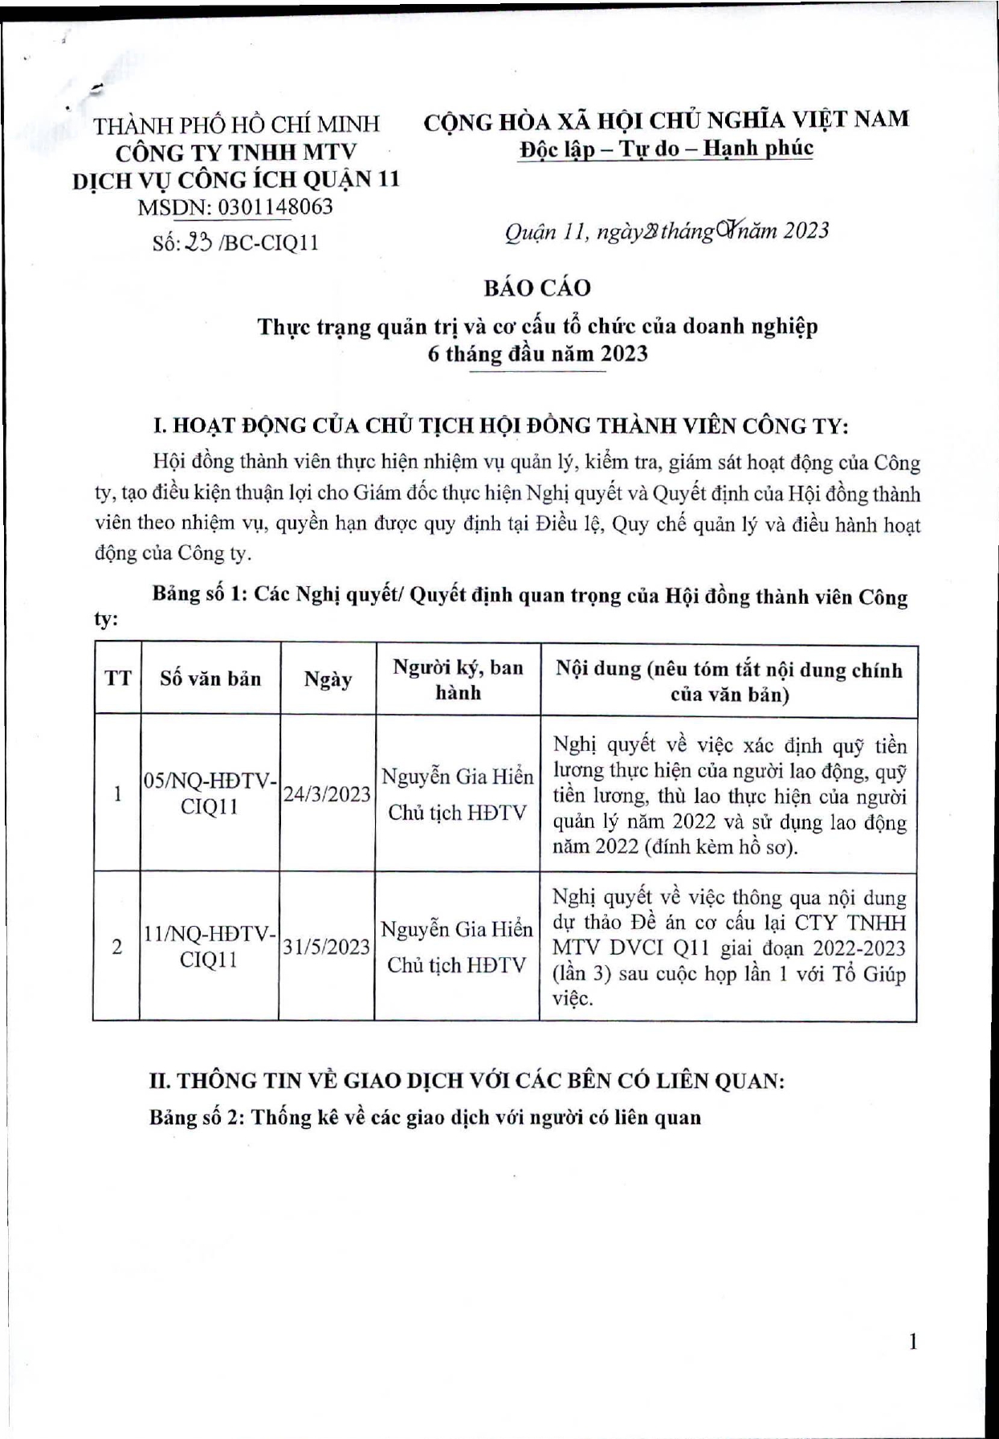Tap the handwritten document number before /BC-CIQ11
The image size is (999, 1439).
pyautogui.click(x=198, y=241)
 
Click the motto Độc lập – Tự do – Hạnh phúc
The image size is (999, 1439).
pyautogui.click(x=666, y=149)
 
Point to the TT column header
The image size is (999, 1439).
pyautogui.click(x=117, y=679)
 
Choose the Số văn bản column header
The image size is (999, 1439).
pyautogui.click(x=210, y=679)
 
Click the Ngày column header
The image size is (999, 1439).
pyautogui.click(x=328, y=679)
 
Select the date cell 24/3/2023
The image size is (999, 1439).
pyautogui.click(x=327, y=794)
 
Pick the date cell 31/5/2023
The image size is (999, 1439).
pyautogui.click(x=327, y=947)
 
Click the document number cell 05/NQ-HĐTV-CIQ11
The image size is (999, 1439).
pyautogui.click(x=210, y=793)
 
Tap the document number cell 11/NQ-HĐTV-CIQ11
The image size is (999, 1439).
pyautogui.click(x=210, y=947)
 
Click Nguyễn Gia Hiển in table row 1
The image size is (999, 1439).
pyautogui.click(x=457, y=777)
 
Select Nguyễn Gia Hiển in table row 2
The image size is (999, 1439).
pyautogui.click(x=457, y=930)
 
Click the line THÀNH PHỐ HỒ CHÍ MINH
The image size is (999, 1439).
pyautogui.click(x=237, y=124)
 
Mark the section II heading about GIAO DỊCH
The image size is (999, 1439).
pyautogui.click(x=467, y=1080)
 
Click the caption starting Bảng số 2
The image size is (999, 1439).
pyautogui.click(x=425, y=1117)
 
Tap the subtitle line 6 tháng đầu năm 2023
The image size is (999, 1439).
pyautogui.click(x=537, y=353)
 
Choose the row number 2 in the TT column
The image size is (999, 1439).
pyautogui.click(x=117, y=947)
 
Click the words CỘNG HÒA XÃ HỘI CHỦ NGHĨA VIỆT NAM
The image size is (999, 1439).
pyautogui.click(x=666, y=120)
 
